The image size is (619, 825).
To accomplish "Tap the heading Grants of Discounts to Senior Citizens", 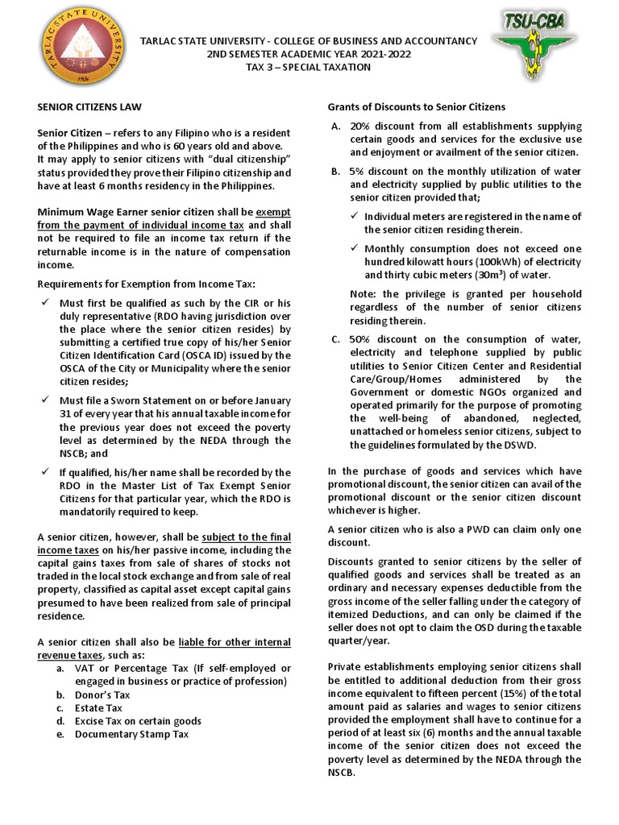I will [416, 106].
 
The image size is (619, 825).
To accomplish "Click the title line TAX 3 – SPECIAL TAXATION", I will [309, 67].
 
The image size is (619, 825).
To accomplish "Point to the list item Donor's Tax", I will [102, 694].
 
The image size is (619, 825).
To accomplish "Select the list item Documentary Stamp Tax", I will [132, 734].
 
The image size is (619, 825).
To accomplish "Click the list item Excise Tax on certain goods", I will [138, 721].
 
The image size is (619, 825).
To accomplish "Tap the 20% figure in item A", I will [360, 126].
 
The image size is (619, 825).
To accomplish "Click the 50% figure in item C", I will [360, 339].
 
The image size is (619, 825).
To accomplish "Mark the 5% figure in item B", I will [357, 172].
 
